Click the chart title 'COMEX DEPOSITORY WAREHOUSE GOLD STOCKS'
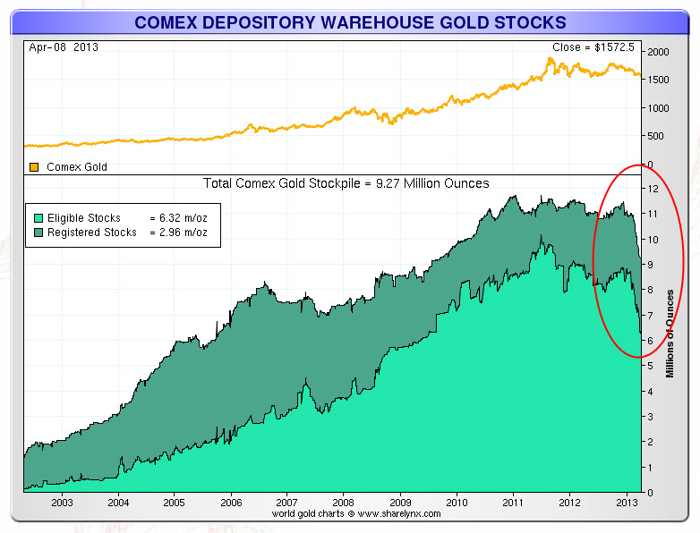pos(350,21)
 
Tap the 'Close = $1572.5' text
pos(595,47)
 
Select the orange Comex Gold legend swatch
pos(34,166)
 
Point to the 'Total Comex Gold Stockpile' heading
pos(346,183)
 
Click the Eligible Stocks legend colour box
pos(36,217)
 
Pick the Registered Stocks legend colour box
pos(36,232)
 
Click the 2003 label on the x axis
pos(62,503)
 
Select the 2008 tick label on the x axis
pos(344,503)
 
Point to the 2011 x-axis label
pos(513,503)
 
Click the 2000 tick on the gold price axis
pos(659,53)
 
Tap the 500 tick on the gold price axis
pos(655,136)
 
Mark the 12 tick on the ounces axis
pos(654,189)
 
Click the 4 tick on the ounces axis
pos(652,391)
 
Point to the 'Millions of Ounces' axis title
pos(670,331)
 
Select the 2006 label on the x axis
pos(231,503)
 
